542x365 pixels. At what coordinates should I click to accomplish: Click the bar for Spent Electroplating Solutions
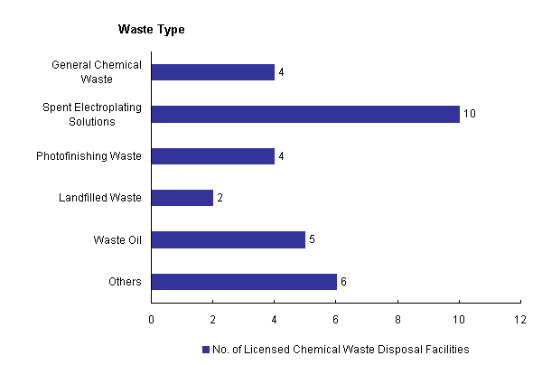305,114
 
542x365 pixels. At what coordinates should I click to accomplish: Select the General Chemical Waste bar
213,72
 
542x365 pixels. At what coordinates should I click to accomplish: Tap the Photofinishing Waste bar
213,156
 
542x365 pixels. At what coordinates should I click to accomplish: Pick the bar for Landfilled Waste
182,198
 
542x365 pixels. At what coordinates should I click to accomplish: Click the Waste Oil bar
229,239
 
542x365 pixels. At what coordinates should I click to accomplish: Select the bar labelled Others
244,282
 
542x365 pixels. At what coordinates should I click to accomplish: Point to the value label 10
469,114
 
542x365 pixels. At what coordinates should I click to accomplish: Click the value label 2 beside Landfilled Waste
220,198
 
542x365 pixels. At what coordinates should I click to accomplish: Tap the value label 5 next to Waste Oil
313,239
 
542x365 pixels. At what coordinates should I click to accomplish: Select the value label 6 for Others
343,282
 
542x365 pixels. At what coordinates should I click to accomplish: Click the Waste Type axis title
152,30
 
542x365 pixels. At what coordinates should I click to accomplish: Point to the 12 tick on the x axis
520,319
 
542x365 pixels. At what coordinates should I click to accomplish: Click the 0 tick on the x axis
151,319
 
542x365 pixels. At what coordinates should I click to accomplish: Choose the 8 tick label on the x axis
397,319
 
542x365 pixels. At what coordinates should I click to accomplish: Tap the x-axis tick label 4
275,319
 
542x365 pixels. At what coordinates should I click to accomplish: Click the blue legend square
206,349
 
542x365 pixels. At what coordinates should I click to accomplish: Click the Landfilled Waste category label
98,198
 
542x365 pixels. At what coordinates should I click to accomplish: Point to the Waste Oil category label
117,239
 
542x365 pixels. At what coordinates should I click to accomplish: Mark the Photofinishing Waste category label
89,156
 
